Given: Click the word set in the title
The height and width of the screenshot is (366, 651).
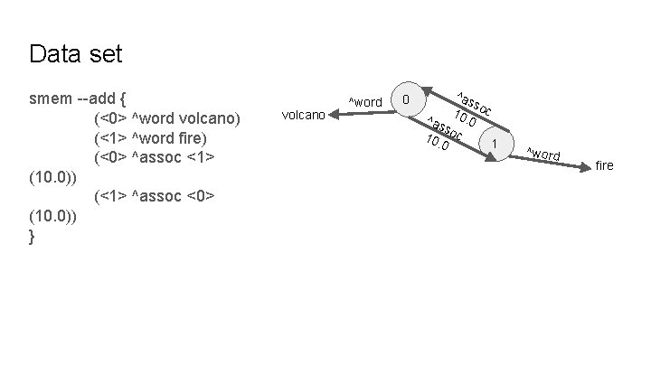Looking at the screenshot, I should coord(104,54).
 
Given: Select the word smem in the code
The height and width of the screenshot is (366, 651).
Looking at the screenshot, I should coord(52,98).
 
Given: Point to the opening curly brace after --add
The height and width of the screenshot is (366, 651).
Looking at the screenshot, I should coord(124,98).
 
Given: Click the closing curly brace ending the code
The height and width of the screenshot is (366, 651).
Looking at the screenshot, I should coord(33,236).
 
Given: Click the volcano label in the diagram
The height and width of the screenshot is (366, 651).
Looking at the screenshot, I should coord(304,116).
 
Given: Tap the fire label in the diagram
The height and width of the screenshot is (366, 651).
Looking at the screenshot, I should coord(604,165).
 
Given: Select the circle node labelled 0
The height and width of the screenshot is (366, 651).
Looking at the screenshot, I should coord(408,99).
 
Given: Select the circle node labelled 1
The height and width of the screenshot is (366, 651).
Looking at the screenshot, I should coord(495,145).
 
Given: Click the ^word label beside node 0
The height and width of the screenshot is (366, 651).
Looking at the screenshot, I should coord(365,101).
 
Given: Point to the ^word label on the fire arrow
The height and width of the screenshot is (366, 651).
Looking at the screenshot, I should coord(543,154).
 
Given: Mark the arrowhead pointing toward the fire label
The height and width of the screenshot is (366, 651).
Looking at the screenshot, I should coord(584,176).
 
